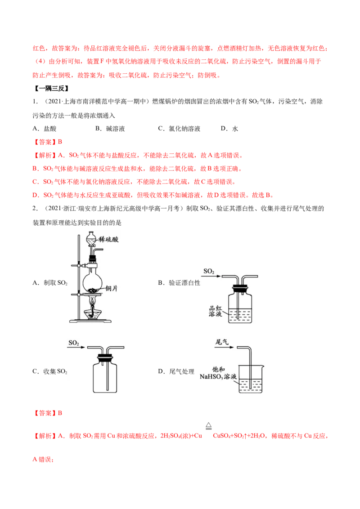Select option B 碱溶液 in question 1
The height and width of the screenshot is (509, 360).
pyautogui.click(x=110, y=129)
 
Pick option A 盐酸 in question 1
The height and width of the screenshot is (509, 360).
pyautogui.click(x=45, y=129)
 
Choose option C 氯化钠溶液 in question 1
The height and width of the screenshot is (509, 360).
pyautogui.click(x=179, y=129)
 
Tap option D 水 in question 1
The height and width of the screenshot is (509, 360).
pyautogui.click(x=229, y=129)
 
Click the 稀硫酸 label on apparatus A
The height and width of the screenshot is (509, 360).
pyautogui.click(x=108, y=240)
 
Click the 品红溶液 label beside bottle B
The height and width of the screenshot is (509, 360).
pyautogui.click(x=215, y=311)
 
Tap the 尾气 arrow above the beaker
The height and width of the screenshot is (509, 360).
pyautogui.click(x=224, y=347)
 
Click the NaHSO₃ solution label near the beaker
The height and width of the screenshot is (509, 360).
pyautogui.click(x=218, y=373)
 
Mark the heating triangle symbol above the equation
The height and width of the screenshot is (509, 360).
pyautogui.click(x=209, y=426)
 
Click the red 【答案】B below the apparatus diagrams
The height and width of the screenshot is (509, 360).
pyautogui.click(x=47, y=413)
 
